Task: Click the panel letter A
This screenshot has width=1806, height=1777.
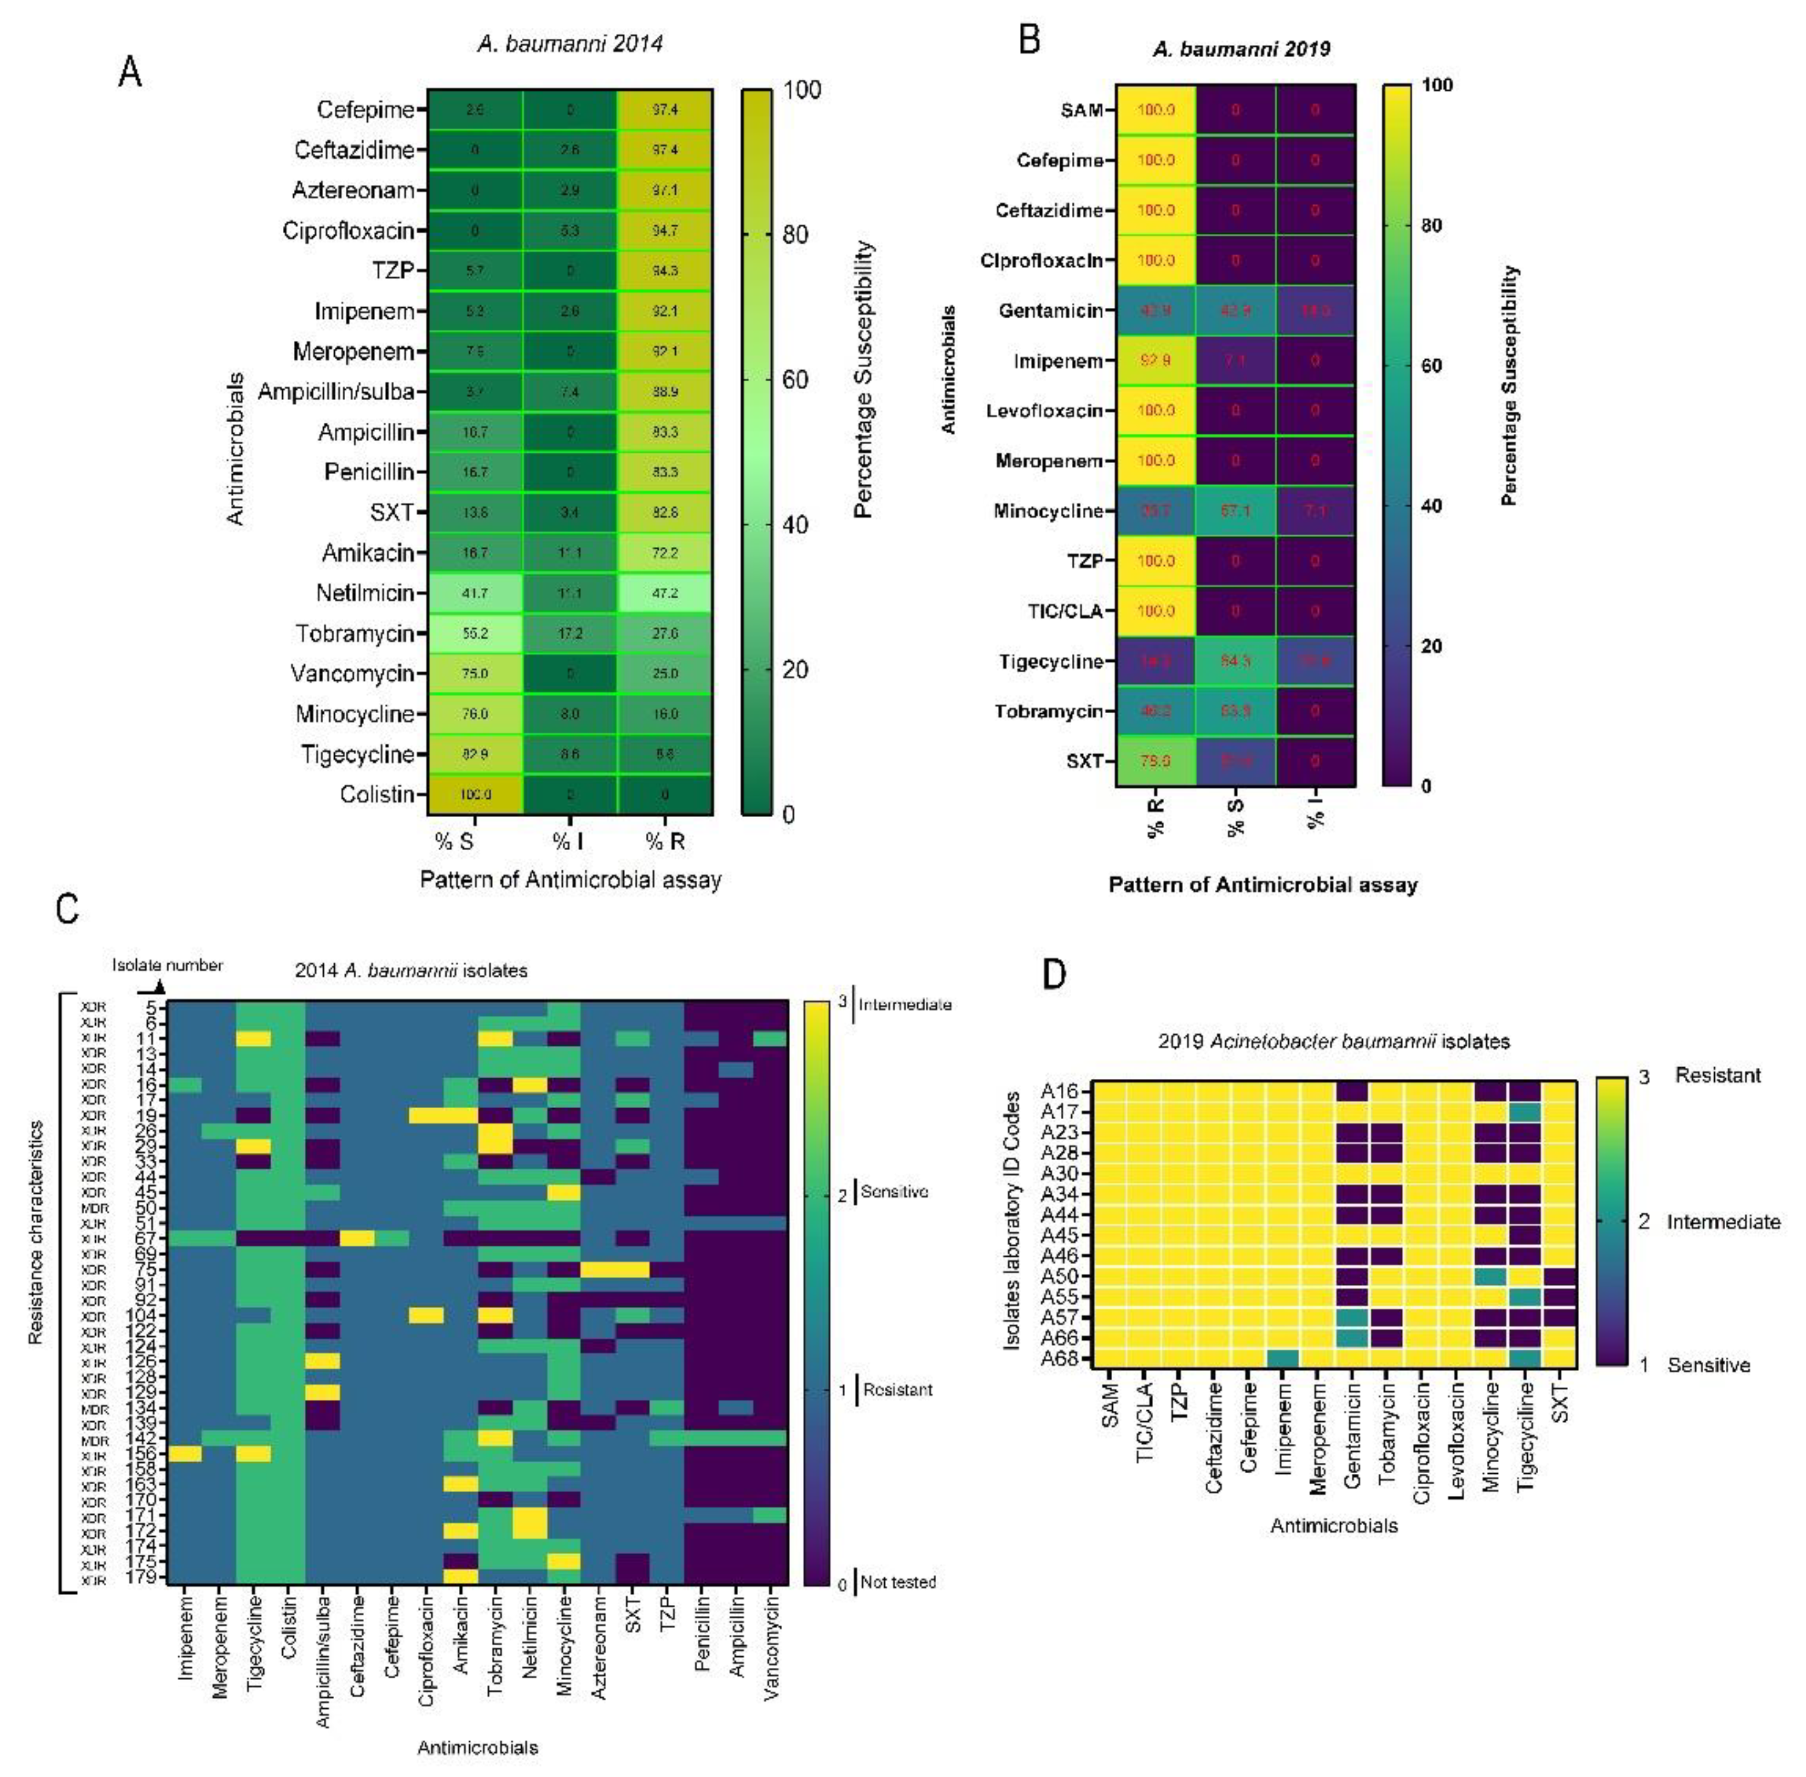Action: tap(130, 72)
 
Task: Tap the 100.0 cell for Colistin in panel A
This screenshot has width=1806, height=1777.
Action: tap(475, 794)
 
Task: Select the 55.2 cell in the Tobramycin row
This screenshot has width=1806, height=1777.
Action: tap(475, 634)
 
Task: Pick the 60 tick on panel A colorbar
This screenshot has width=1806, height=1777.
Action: tap(795, 380)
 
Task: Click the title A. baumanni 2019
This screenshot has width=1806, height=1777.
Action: tap(1241, 49)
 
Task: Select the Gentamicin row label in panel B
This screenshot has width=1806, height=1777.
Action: tap(1050, 311)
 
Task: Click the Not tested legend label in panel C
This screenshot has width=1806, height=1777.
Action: tap(898, 1582)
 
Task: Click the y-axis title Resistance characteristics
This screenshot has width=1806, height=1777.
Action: tap(35, 1232)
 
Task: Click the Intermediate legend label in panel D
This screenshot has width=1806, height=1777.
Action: tap(1723, 1221)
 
